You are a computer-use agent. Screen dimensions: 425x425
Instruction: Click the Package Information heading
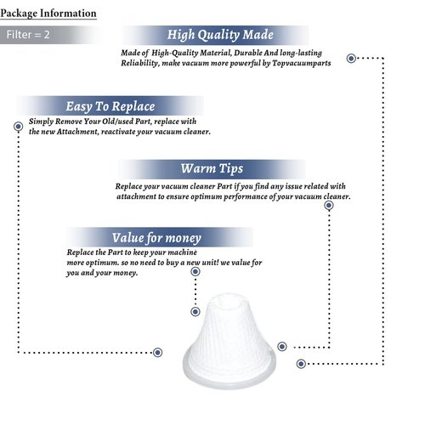48,14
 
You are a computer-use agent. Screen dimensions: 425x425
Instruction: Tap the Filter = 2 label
28,35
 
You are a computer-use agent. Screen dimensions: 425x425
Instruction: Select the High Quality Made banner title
220,35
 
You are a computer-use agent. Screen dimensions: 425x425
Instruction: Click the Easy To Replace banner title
110,106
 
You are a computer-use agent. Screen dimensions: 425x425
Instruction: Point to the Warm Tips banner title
212,168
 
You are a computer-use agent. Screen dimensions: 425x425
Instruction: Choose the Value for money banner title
156,238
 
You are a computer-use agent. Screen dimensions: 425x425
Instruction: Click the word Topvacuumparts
302,63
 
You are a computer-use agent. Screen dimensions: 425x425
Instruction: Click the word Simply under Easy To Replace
41,122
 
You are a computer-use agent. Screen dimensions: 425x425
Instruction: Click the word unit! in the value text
210,263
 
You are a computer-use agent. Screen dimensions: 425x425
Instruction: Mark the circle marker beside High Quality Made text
351,59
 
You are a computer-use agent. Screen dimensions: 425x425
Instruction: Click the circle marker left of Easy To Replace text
19,127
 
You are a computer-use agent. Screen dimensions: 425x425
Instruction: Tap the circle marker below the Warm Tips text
329,205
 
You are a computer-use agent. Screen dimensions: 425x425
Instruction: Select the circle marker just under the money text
195,272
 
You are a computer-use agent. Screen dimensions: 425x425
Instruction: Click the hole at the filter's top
229,301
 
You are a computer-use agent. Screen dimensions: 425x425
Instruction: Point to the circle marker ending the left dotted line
157,353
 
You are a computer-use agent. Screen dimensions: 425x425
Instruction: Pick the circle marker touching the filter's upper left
195,312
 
